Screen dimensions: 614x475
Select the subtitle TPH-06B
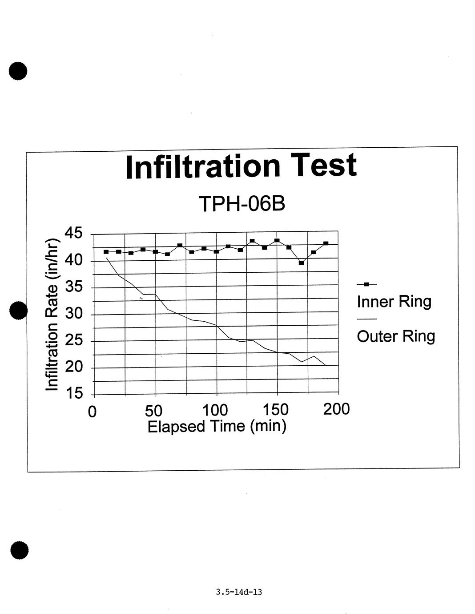[242, 204]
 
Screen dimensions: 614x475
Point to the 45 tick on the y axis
[73, 233]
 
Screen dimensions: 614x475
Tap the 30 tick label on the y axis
[73, 314]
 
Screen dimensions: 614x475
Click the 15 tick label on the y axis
[73, 393]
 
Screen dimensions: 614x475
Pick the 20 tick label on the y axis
[73, 367]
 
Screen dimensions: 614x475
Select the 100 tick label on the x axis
[215, 410]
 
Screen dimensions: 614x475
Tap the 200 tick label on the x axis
[336, 409]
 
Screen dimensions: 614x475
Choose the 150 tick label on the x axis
[276, 409]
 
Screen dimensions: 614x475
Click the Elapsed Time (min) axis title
[217, 426]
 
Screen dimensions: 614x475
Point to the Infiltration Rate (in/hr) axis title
[52, 315]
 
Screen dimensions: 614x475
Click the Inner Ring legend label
[394, 302]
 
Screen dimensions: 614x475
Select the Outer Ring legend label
[396, 336]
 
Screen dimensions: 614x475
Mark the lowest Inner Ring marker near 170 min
[301, 263]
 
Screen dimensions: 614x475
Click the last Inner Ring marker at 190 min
[326, 243]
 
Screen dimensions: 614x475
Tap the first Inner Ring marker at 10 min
[106, 252]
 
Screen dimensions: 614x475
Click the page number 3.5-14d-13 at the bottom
[239, 592]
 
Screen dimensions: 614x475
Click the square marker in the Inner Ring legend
[366, 284]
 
